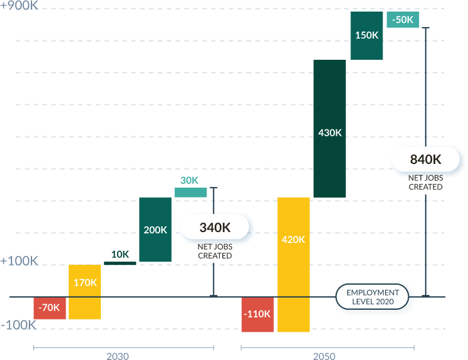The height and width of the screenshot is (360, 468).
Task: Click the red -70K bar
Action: point(50,308)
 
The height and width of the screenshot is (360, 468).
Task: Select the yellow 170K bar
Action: point(85,291)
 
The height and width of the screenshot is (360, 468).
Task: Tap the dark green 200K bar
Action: point(155,230)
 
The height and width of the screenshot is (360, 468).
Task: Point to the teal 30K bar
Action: point(190,192)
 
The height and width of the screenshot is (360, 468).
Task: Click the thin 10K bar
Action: point(120,263)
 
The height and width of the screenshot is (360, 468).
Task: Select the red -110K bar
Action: point(257,314)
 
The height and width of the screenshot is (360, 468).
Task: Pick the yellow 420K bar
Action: point(293,264)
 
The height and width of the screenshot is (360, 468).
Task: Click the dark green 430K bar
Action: point(329,129)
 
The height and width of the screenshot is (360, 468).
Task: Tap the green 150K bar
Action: point(366,35)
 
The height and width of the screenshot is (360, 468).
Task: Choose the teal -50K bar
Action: point(402,20)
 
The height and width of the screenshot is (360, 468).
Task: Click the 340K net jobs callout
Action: point(215,227)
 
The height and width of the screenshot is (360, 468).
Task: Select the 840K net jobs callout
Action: point(426,159)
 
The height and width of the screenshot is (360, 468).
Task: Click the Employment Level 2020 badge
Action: point(373,297)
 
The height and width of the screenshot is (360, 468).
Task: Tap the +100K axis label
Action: point(19,261)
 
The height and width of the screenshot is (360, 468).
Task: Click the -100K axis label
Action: point(19,325)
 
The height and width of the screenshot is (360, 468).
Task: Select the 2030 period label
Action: point(118,355)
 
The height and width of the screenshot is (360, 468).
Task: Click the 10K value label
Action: point(120,254)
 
